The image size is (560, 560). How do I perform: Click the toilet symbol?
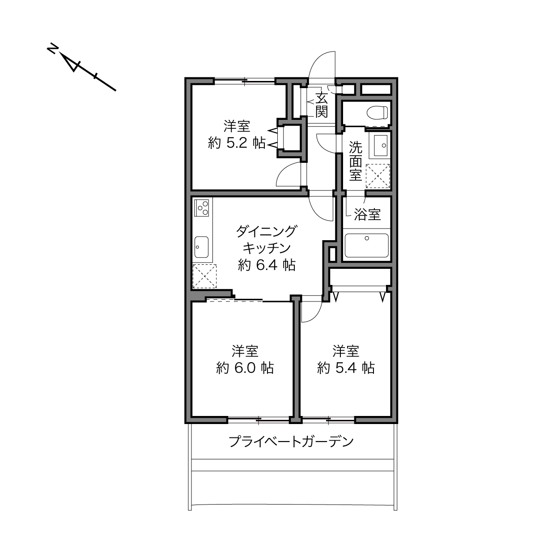click(x=377, y=112)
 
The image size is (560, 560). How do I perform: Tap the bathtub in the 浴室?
click(x=366, y=246)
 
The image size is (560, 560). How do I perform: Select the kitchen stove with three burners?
click(x=201, y=208)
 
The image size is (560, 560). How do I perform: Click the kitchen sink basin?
click(x=201, y=247)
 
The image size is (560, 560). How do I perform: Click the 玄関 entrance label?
click(x=322, y=105)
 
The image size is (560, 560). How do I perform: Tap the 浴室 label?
click(x=367, y=214)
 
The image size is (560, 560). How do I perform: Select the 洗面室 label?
click(x=356, y=161)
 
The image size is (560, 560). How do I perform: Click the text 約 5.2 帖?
click(x=237, y=143)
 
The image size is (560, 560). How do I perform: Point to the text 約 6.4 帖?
click(x=267, y=265)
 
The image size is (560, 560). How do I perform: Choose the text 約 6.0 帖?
click(x=245, y=368)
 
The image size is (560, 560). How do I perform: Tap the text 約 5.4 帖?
click(x=346, y=368)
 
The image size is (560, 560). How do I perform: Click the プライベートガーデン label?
click(x=291, y=441)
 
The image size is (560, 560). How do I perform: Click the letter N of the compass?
click(x=52, y=49)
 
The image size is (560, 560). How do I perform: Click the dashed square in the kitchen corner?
click(x=204, y=276)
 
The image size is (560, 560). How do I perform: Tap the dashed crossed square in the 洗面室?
click(x=378, y=176)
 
